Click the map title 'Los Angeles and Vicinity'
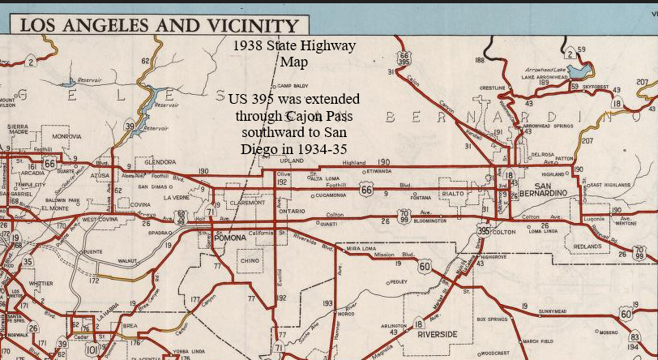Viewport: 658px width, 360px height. [x=159, y=25]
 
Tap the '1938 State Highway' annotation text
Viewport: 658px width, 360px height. [x=293, y=45]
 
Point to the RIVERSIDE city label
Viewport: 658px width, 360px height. [x=437, y=334]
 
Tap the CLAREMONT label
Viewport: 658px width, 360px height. [x=248, y=203]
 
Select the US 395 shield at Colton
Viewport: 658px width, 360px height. [x=484, y=231]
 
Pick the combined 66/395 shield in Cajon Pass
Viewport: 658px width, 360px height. [x=404, y=58]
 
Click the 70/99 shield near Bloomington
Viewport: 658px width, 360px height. [x=404, y=216]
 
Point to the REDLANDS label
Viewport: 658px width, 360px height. [x=587, y=246]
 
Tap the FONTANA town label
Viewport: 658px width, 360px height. [x=421, y=198]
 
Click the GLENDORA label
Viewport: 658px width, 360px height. [x=160, y=162]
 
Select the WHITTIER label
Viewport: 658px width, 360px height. [x=41, y=284]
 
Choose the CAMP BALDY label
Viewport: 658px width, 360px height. [x=293, y=86]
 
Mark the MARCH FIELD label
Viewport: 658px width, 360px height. [x=537, y=341]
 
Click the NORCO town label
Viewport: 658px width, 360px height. [x=346, y=314]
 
